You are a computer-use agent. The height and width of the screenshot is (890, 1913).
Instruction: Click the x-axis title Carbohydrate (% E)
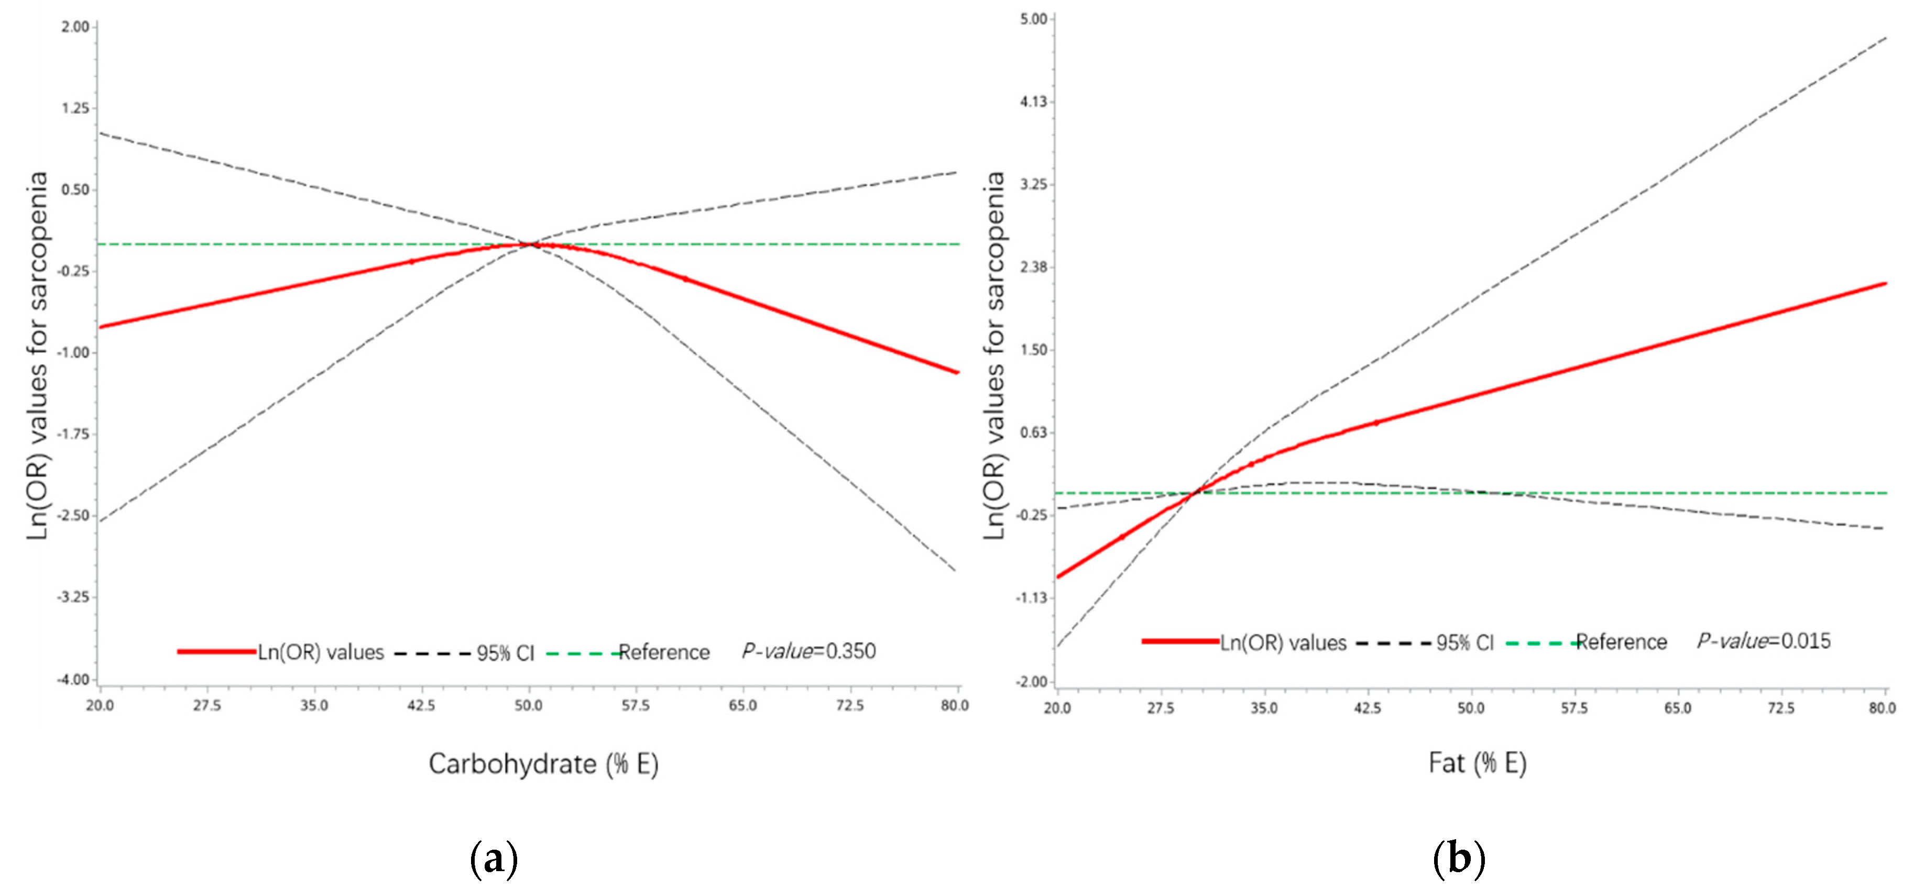tap(543, 764)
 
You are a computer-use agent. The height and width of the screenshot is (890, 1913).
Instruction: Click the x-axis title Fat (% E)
tap(1477, 763)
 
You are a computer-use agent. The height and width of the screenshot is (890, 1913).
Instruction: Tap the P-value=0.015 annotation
tap(1764, 641)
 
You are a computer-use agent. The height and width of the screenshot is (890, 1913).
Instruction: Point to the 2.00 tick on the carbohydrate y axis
tap(75, 27)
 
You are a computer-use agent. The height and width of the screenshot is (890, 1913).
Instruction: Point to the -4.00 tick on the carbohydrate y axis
tap(73, 679)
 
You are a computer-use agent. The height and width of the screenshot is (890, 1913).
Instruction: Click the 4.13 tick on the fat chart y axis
tap(1033, 102)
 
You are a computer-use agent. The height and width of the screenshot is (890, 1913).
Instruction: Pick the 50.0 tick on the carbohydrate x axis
tap(528, 705)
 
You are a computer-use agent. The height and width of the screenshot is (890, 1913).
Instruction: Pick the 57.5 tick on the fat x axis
tap(1573, 708)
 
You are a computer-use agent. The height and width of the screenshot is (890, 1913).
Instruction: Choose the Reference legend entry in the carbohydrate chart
tap(663, 652)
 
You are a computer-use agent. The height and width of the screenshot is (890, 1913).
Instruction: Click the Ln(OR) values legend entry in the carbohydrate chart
tap(320, 652)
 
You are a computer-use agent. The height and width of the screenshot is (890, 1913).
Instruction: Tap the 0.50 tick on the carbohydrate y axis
tap(75, 190)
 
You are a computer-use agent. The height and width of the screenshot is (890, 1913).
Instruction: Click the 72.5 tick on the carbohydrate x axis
tap(849, 705)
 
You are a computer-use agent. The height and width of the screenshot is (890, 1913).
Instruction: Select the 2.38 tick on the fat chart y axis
tap(1033, 267)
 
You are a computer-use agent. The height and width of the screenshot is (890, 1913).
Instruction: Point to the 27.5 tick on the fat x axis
tap(1160, 708)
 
